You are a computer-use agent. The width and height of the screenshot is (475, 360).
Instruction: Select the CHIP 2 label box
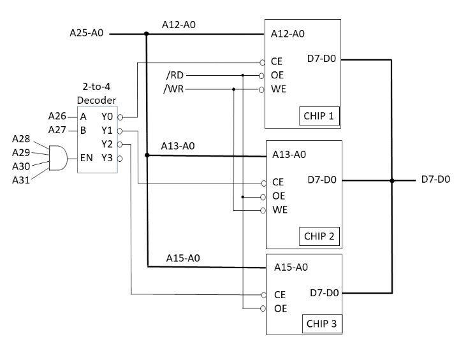tap(319, 236)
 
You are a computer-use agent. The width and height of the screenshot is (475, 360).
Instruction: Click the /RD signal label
tap(173, 76)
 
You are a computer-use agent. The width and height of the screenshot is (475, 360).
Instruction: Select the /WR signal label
tap(173, 89)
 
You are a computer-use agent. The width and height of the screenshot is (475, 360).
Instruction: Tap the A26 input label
tap(58, 116)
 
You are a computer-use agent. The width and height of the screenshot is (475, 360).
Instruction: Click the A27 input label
tap(58, 130)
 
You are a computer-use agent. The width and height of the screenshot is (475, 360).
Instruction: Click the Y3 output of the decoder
tap(107, 157)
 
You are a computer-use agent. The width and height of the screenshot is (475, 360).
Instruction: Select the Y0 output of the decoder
tap(107, 117)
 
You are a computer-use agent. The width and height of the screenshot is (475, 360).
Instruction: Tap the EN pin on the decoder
tap(86, 157)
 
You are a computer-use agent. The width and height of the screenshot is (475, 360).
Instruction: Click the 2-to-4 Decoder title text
tap(97, 94)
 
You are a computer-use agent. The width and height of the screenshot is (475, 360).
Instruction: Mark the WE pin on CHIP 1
tap(279, 89)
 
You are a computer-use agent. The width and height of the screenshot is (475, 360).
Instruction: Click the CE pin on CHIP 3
tap(279, 295)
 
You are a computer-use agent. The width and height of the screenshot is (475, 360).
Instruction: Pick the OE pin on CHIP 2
tap(279, 196)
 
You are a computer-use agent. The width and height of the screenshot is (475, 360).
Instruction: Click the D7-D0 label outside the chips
tap(435, 180)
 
